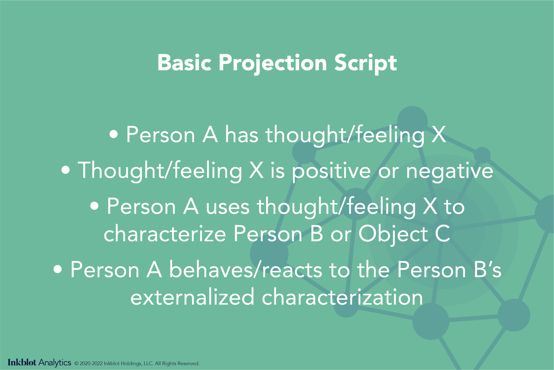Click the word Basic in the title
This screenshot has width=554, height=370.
(x=184, y=63)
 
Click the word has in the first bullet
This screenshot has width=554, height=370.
(x=242, y=135)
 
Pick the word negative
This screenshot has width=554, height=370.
(x=449, y=171)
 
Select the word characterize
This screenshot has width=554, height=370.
(x=165, y=234)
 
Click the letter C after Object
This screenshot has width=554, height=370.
(x=442, y=234)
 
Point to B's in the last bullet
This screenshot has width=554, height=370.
(x=487, y=270)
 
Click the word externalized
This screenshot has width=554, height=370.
(x=192, y=297)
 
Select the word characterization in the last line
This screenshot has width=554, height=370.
(x=342, y=297)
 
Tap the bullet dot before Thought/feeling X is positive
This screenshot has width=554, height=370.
(x=66, y=170)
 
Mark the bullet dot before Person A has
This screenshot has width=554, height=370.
(x=114, y=134)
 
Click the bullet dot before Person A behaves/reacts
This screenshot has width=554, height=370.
(x=58, y=269)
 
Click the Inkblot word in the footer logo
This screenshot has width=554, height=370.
(x=22, y=363)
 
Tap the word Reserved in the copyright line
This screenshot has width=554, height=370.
(x=188, y=364)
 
